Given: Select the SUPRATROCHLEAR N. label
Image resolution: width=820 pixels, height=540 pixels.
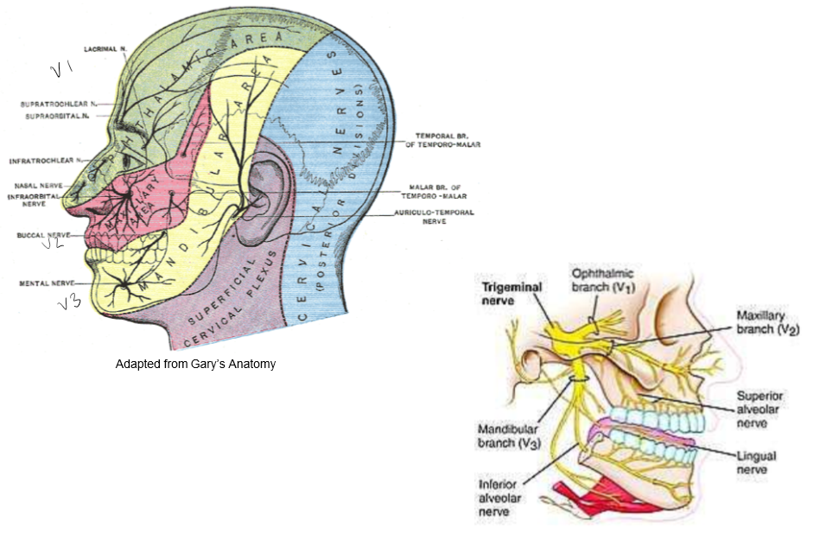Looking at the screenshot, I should pyautogui.click(x=55, y=103).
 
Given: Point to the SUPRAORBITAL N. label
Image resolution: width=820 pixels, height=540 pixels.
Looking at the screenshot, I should pyautogui.click(x=55, y=114).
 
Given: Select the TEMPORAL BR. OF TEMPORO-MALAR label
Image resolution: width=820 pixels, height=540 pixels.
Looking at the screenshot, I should pyautogui.click(x=448, y=140).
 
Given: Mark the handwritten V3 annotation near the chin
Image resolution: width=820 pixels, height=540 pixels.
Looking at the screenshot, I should pyautogui.click(x=69, y=303).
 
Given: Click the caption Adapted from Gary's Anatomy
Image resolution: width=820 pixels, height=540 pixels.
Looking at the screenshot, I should pyautogui.click(x=195, y=364).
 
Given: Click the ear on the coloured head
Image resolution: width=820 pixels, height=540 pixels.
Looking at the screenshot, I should pyautogui.click(x=260, y=199).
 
